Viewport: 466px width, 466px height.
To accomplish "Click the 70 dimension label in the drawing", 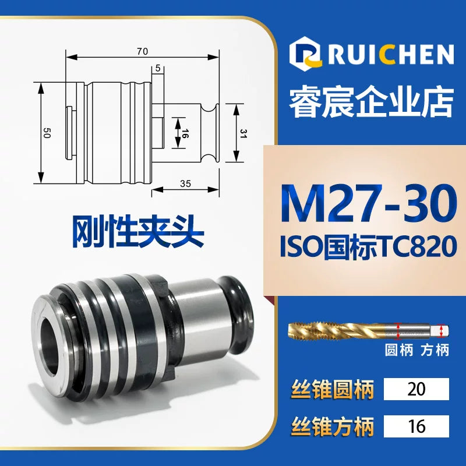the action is point(142,51).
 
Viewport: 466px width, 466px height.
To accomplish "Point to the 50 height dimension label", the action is point(47,133).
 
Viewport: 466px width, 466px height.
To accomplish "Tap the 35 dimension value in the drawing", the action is point(185,183).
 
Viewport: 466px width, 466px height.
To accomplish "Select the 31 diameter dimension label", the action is point(243,133).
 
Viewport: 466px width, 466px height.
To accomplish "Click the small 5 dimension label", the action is point(158,68).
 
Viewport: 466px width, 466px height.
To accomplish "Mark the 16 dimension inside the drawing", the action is point(184,133).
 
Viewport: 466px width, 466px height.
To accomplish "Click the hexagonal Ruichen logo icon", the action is point(305,52).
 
